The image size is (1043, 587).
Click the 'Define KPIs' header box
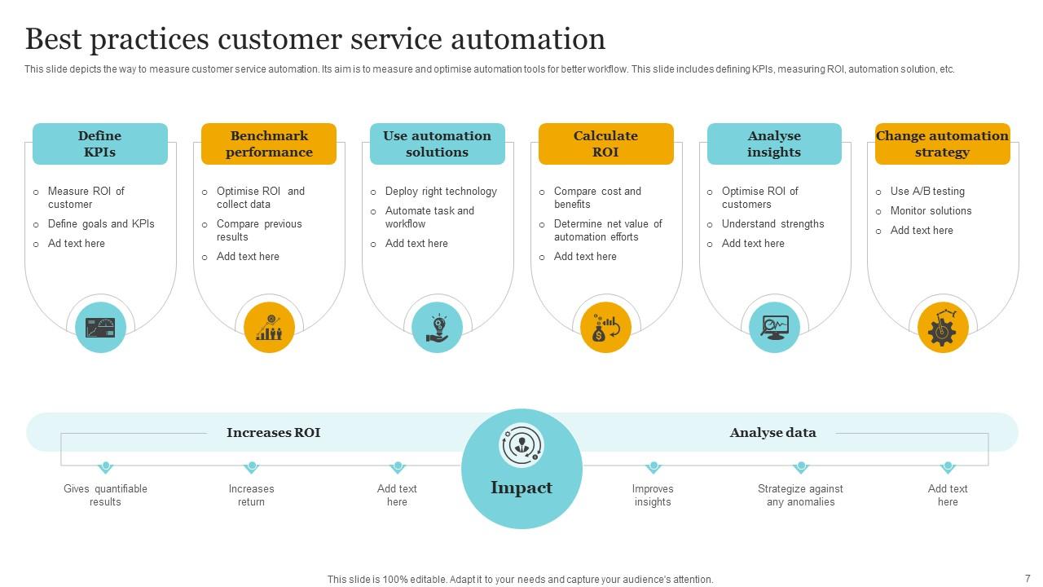(x=99, y=144)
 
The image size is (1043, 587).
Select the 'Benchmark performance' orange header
(x=269, y=144)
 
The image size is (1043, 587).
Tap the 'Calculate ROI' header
(x=605, y=144)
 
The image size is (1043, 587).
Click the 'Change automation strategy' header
(x=942, y=144)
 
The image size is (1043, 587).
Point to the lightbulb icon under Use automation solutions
(x=438, y=328)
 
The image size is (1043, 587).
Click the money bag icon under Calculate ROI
(x=605, y=328)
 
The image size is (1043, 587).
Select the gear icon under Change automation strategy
(x=943, y=328)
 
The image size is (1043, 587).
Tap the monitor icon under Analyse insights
(x=774, y=328)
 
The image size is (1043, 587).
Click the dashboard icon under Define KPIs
(x=100, y=328)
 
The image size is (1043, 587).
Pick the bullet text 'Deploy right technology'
(x=441, y=192)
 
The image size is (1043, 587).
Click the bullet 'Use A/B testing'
(x=927, y=192)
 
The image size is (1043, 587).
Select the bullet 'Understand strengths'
(x=772, y=224)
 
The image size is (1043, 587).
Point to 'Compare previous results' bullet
(x=259, y=230)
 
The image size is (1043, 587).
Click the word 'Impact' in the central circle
(x=521, y=488)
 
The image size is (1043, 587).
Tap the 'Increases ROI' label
(x=273, y=433)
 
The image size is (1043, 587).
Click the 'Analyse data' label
(x=772, y=433)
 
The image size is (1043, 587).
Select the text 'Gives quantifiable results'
(x=105, y=495)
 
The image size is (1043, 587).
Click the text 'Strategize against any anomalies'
(x=800, y=495)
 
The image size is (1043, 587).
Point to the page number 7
(x=1028, y=578)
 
